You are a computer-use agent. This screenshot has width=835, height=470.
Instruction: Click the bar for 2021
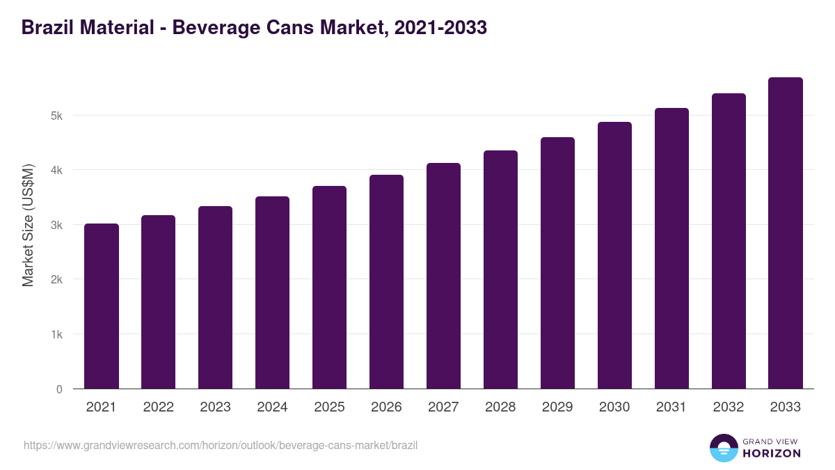coord(102,306)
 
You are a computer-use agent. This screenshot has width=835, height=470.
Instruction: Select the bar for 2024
coord(273,292)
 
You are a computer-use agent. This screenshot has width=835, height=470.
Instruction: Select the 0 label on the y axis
coord(59,389)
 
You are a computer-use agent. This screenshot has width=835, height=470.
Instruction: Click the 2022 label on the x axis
coord(159,407)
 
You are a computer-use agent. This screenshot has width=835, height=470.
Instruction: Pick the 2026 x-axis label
coord(387,407)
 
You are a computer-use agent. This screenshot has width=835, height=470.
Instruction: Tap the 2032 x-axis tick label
coord(729,407)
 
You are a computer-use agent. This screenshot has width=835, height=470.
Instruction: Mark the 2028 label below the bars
coord(501,407)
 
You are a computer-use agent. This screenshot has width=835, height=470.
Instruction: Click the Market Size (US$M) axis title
coord(28,225)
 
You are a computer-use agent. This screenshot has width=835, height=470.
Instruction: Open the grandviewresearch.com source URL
coord(221,445)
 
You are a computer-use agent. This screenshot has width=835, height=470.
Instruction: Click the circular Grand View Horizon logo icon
coord(724,448)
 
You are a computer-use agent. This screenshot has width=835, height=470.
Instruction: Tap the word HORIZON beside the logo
coord(772,453)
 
